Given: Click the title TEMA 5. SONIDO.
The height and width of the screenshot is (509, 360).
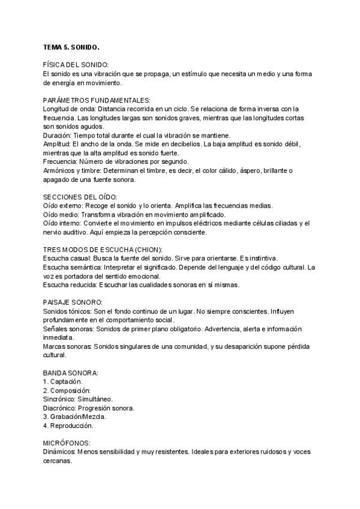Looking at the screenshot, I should (70, 46).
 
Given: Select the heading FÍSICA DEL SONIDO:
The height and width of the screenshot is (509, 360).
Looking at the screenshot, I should (76, 65).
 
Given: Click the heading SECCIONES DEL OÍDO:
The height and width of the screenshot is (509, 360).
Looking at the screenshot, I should (80, 197).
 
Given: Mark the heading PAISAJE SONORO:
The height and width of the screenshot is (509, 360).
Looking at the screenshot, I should (73, 302).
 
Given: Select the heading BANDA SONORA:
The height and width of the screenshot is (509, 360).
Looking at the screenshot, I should (71, 373).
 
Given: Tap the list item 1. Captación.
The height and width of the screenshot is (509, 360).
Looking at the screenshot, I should (63, 381).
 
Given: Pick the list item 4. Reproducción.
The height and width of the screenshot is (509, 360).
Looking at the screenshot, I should (68, 426).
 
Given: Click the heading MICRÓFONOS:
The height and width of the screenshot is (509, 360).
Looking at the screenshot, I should (67, 443).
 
